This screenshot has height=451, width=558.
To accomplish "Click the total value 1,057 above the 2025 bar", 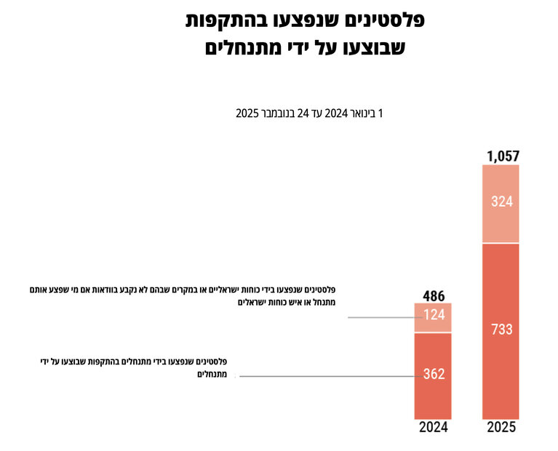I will point(501,156).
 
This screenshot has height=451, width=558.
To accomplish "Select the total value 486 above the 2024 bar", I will point(434,295).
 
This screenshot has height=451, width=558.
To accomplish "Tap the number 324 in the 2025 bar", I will point(501,202).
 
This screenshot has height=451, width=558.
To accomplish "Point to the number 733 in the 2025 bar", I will point(501,329).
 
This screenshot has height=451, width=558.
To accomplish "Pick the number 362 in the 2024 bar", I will point(434,375).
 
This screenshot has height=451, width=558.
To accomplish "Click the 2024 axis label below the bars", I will point(434,428).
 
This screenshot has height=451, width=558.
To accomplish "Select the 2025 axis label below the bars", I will point(501,428).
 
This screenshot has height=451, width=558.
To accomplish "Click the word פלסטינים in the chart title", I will point(381,20).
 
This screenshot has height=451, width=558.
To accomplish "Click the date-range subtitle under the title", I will point(308,113).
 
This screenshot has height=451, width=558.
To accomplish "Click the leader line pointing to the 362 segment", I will point(327,376).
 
